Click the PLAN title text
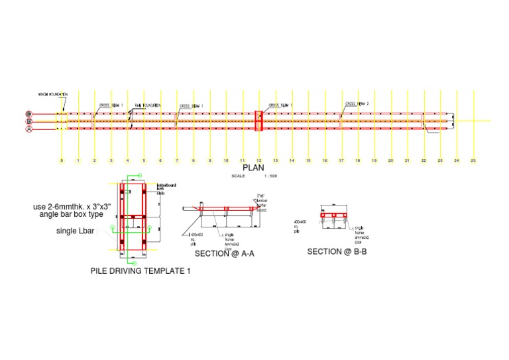(x=253, y=168)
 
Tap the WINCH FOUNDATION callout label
(x=52, y=95)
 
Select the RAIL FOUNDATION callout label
(x=148, y=105)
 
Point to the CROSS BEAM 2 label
(x=357, y=104)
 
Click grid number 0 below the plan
(x=62, y=160)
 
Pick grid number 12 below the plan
(x=258, y=160)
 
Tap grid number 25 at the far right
(x=473, y=160)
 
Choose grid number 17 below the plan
(x=341, y=160)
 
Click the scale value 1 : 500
(x=270, y=176)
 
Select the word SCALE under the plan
(x=238, y=176)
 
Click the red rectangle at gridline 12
(x=259, y=121)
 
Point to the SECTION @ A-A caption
(x=225, y=253)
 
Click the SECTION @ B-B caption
(x=337, y=251)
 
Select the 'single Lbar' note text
(x=76, y=232)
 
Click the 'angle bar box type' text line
(x=71, y=215)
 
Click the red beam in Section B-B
(x=335, y=215)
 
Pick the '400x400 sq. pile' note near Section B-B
(x=300, y=226)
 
